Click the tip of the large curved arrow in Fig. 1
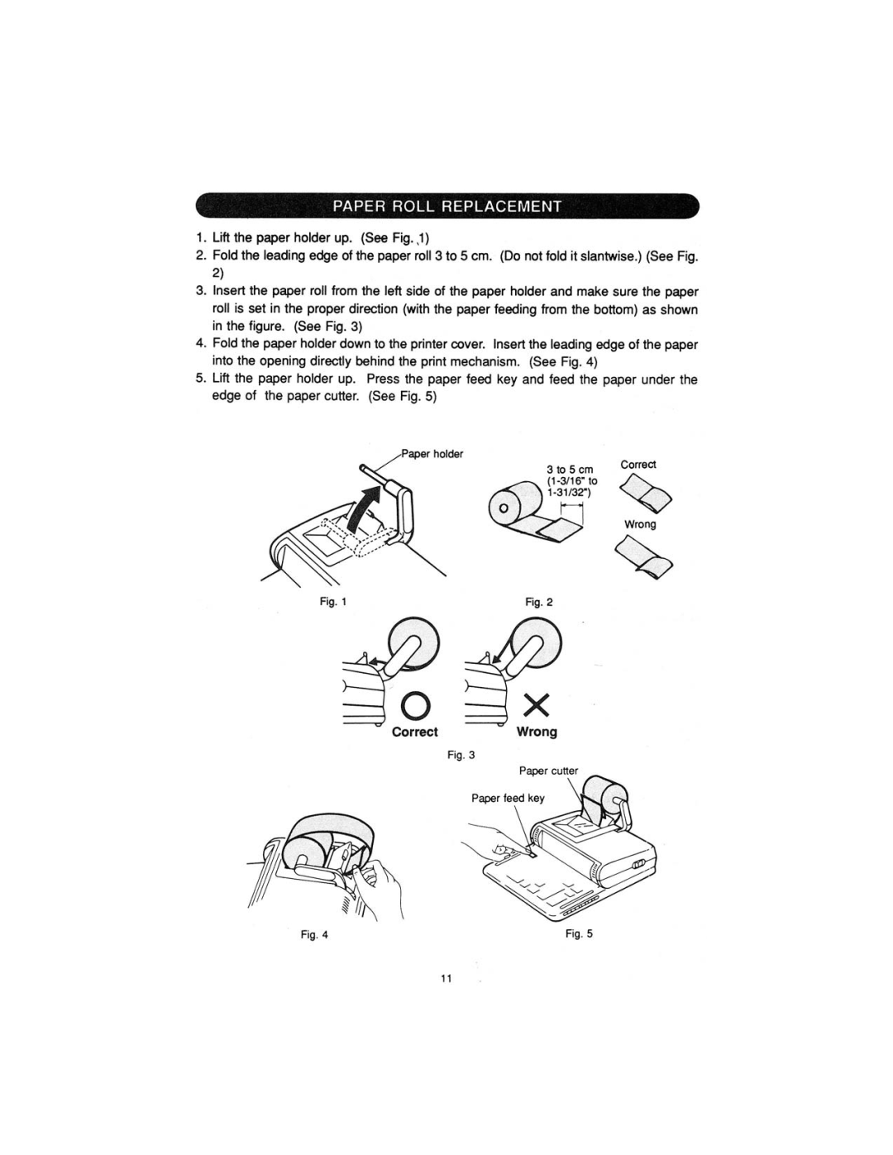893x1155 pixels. click(382, 484)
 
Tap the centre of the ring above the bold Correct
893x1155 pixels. click(414, 705)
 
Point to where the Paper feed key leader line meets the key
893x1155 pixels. click(532, 855)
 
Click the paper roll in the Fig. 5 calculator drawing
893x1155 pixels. click(606, 796)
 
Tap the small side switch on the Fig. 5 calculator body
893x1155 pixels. click(640, 862)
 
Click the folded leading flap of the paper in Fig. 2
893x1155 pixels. click(559, 532)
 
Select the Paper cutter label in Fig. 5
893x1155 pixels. click(548, 771)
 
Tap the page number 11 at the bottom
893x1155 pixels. click(446, 979)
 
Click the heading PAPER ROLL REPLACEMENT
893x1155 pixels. click(447, 206)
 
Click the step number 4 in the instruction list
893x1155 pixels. click(200, 344)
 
